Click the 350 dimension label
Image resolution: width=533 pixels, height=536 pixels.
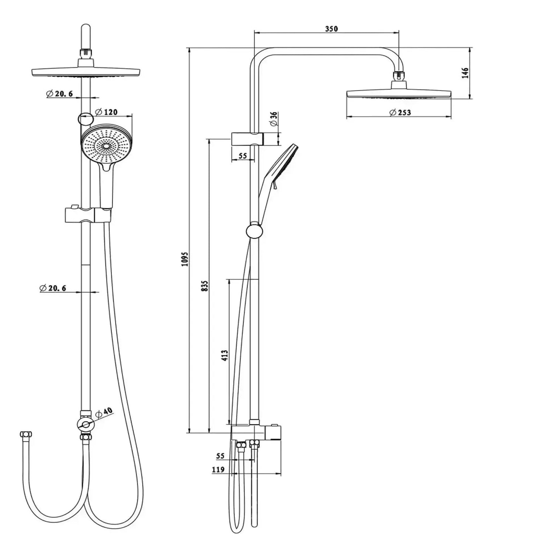pos(331,29)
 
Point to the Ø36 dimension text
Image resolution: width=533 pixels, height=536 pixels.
pos(274,119)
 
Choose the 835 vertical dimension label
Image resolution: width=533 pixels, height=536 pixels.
pos(205,286)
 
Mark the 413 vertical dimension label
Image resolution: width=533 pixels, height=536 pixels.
pos(225,355)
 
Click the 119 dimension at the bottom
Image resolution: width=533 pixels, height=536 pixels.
pos(218,470)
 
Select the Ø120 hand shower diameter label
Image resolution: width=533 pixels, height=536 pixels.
pos(106,112)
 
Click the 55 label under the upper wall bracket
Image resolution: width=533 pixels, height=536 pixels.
pos(242,156)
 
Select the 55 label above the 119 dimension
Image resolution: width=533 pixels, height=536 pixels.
pos(220,456)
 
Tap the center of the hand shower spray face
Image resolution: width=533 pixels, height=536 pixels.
pos(106,146)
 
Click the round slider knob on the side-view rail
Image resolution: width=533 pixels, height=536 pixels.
pos(254,231)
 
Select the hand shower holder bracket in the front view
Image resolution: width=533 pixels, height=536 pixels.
pos(88,215)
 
